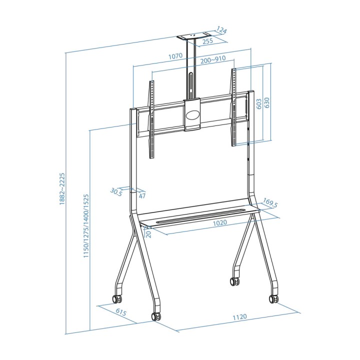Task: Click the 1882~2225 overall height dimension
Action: [x=62, y=189]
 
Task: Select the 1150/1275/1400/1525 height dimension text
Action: [x=86, y=226]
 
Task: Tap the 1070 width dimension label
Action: [x=175, y=56]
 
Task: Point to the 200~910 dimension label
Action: [x=213, y=59]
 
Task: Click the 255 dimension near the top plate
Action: [x=208, y=41]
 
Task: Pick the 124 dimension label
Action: [x=221, y=30]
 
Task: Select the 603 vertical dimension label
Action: [x=259, y=104]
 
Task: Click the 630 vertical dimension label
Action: [x=267, y=103]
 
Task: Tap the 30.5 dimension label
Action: [x=116, y=192]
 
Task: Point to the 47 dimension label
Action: [x=142, y=196]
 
